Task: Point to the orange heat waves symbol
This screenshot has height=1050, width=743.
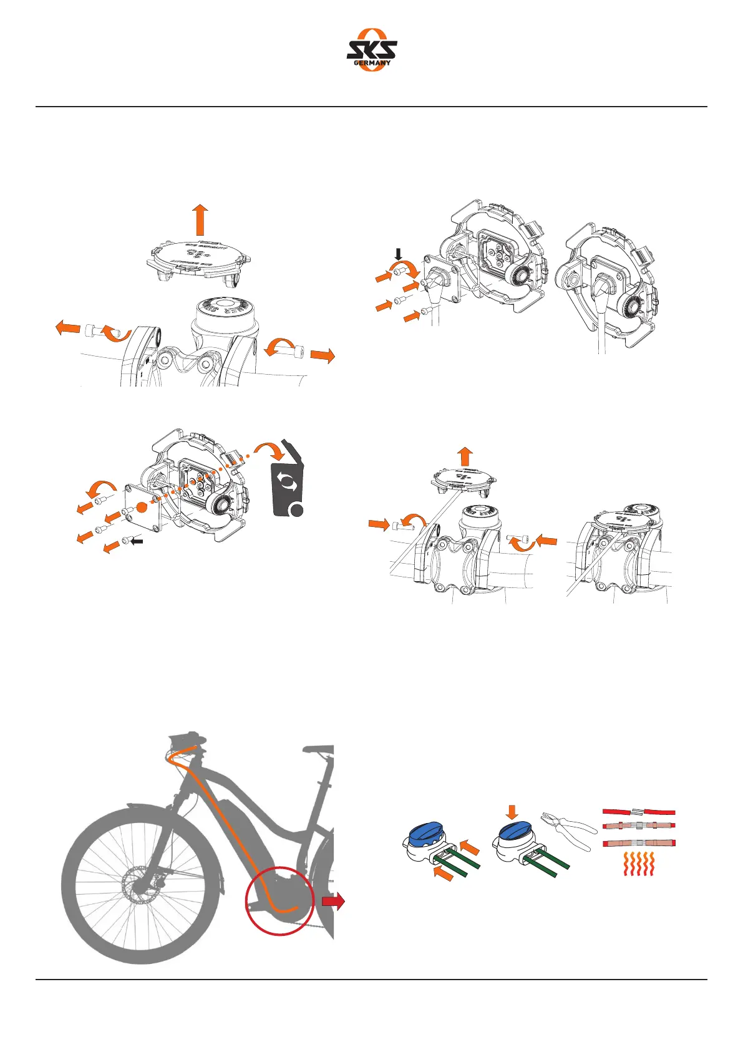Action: tap(639, 865)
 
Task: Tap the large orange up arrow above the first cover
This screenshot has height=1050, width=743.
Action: tap(200, 220)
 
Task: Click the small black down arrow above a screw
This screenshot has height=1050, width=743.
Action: tap(399, 253)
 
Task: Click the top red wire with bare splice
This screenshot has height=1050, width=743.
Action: tap(639, 812)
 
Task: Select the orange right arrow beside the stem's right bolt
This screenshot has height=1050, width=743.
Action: tap(323, 356)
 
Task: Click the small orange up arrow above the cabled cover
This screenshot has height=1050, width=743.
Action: tap(465, 456)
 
